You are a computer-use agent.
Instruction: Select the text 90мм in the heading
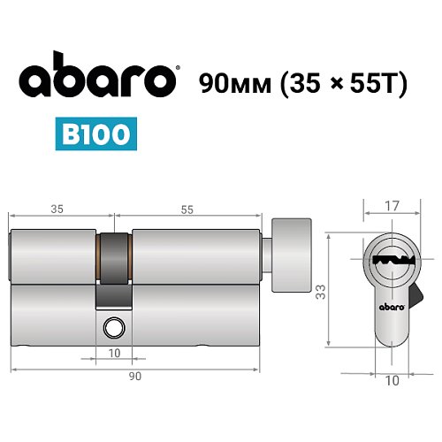(232, 81)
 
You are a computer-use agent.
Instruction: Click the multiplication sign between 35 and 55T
(325, 82)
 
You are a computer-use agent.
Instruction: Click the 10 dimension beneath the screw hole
(115, 354)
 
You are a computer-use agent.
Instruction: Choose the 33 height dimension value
(321, 289)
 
